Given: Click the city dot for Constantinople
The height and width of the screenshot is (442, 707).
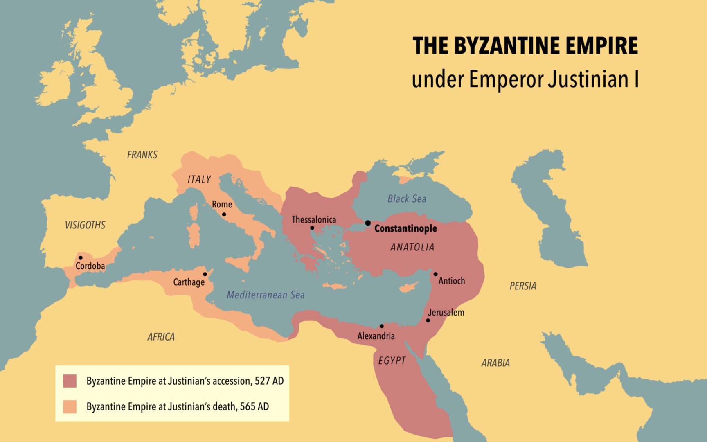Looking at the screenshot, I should pyautogui.click(x=368, y=223).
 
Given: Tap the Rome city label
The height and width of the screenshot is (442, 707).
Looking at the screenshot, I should pyautogui.click(x=222, y=204).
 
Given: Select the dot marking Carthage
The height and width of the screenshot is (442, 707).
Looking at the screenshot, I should pyautogui.click(x=205, y=274).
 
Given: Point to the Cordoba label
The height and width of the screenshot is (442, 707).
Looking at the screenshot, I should pyautogui.click(x=90, y=266).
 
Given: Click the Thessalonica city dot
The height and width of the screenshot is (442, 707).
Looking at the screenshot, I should pyautogui.click(x=312, y=228).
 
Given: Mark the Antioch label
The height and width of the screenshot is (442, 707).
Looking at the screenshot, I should pyautogui.click(x=452, y=281).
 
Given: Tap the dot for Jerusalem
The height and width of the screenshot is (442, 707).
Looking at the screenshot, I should pyautogui.click(x=428, y=320).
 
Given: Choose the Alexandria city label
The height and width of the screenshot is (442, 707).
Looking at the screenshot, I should pyautogui.click(x=376, y=336).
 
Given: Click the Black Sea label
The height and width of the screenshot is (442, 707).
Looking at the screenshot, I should pyautogui.click(x=407, y=199).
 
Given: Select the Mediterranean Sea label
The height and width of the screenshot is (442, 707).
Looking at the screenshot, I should pyautogui.click(x=266, y=295).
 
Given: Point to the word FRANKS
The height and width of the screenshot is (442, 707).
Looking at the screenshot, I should pyautogui.click(x=142, y=155).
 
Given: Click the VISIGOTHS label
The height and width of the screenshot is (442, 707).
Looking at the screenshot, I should pyautogui.click(x=85, y=225).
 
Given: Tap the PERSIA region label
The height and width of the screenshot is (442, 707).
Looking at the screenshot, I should pyautogui.click(x=522, y=286).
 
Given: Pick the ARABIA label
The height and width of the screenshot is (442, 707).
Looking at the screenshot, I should pyautogui.click(x=495, y=363).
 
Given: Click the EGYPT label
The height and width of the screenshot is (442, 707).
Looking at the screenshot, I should pyautogui.click(x=392, y=361).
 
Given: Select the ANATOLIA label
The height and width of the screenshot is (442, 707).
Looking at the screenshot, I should pyautogui.click(x=412, y=247).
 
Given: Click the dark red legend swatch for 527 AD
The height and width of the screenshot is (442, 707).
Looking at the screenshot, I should pyautogui.click(x=70, y=381).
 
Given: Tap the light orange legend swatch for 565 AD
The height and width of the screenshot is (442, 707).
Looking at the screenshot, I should pyautogui.click(x=70, y=407).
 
